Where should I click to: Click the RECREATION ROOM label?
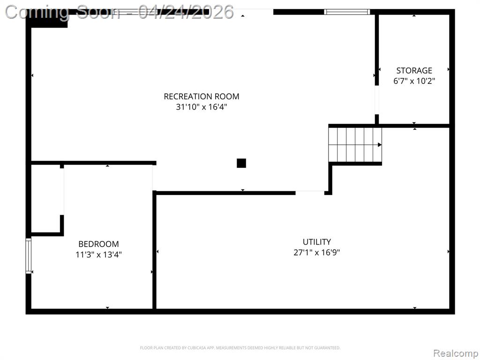tap(202, 97)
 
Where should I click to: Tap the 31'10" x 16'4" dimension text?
tap(202, 107)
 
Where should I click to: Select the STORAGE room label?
tap(414, 71)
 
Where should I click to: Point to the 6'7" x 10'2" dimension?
tap(414, 81)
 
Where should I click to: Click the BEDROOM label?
tap(98, 244)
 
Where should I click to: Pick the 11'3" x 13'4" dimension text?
tap(98, 255)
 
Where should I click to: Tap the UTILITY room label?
tap(317, 242)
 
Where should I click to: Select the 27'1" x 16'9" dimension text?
tap(317, 252)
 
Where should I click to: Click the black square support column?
tap(241, 163)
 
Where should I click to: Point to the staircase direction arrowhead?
tap(380, 145)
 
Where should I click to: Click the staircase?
tap(355, 145)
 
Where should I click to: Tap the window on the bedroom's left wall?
tap(29, 255)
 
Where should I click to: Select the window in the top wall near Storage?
tap(347, 12)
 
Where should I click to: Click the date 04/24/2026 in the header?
tap(186, 12)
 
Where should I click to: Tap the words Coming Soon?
tap(63, 12)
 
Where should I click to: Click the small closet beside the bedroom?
tap(46, 199)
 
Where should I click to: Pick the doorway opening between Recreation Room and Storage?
tap(377, 100)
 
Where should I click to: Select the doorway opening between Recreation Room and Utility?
tap(310, 193)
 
